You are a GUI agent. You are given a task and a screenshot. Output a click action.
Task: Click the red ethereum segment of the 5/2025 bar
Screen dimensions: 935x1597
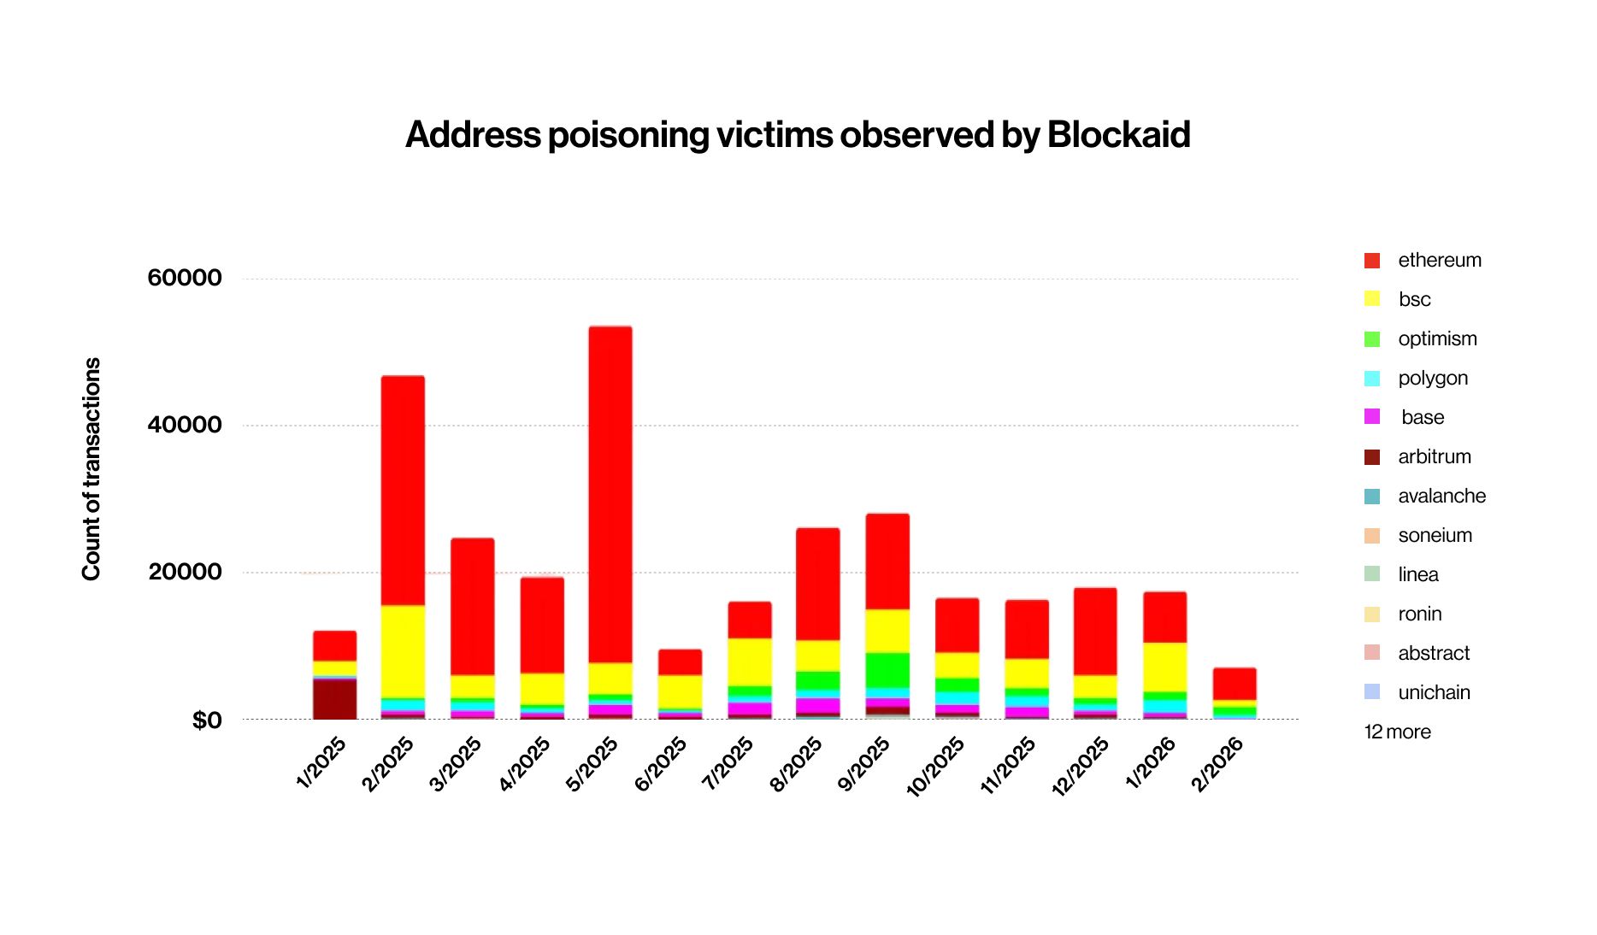610,494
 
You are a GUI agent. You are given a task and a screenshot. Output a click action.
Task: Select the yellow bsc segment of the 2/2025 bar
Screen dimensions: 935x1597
403,651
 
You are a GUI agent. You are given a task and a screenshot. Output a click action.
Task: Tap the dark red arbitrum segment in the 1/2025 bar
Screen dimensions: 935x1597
334,699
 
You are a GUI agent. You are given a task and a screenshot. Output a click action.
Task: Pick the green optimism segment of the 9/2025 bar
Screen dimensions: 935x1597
887,670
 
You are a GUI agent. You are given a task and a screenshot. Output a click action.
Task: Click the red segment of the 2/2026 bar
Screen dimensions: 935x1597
1235,684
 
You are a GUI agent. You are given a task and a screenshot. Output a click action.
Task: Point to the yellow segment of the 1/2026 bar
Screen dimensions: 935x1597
1164,667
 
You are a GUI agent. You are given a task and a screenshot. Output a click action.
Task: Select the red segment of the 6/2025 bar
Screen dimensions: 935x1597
680,662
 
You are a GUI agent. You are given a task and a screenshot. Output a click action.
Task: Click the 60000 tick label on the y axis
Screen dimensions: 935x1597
185,278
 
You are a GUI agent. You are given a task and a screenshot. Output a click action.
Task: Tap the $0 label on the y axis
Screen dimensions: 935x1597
206,720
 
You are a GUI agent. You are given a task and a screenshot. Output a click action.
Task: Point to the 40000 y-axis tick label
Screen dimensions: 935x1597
185,425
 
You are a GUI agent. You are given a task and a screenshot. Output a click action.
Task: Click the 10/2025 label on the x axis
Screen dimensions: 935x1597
936,766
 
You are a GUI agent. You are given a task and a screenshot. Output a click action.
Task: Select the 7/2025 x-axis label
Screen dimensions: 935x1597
728,762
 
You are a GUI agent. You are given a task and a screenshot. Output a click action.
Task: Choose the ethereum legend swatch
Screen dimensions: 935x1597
1372,261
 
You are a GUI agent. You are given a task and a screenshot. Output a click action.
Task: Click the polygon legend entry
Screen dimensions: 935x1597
1432,378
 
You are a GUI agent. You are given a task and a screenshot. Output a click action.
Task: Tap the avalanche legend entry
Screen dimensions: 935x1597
1441,496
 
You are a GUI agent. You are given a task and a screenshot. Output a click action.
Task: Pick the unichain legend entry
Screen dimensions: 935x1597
1434,692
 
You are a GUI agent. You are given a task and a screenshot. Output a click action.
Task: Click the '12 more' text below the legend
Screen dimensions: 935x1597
1397,732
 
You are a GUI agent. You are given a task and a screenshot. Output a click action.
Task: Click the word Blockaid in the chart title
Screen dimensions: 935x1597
1118,135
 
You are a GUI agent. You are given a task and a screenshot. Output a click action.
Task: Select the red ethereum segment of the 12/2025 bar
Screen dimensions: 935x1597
1095,631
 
